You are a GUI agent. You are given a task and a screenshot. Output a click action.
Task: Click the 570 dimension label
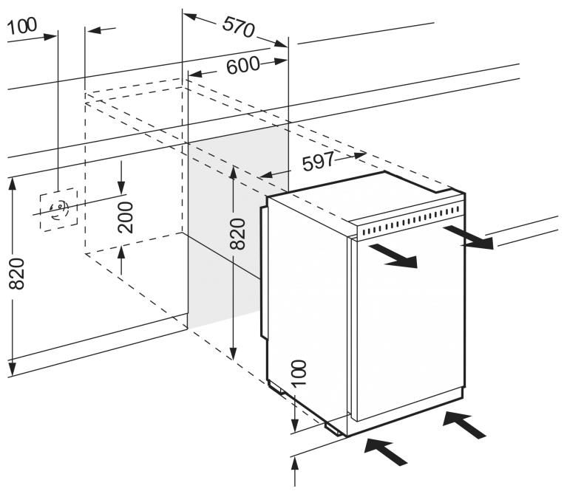coord(238,27)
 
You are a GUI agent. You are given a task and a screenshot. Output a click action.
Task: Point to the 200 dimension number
coord(126,217)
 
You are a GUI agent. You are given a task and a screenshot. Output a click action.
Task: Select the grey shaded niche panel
coord(222,236)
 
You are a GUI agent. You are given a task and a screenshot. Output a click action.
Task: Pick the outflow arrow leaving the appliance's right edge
coord(468,238)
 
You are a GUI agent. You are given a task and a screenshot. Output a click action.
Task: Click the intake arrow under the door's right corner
coord(466,424)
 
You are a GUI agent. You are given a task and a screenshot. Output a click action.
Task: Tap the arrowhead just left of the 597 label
coord(266,175)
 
